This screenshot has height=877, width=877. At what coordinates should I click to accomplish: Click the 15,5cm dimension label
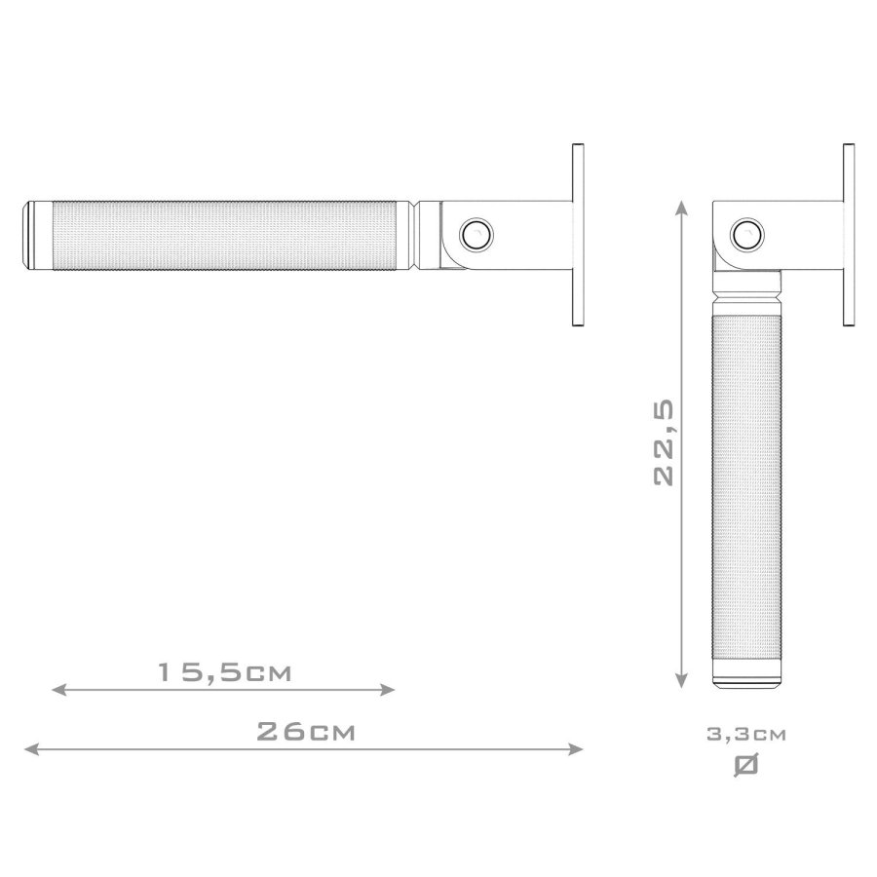click(x=225, y=672)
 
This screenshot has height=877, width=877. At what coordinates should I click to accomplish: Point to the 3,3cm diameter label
click(x=746, y=734)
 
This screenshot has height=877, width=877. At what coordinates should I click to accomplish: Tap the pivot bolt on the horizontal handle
click(x=477, y=234)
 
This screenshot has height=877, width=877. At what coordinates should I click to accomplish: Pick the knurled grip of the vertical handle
click(x=747, y=487)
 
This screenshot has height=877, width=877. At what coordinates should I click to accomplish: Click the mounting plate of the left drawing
click(x=577, y=235)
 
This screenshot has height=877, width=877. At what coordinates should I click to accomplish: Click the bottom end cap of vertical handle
click(x=747, y=678)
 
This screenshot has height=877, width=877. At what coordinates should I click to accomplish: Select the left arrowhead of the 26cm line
click(x=27, y=749)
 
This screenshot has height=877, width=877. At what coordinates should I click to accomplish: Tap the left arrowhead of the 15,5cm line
click(x=57, y=690)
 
